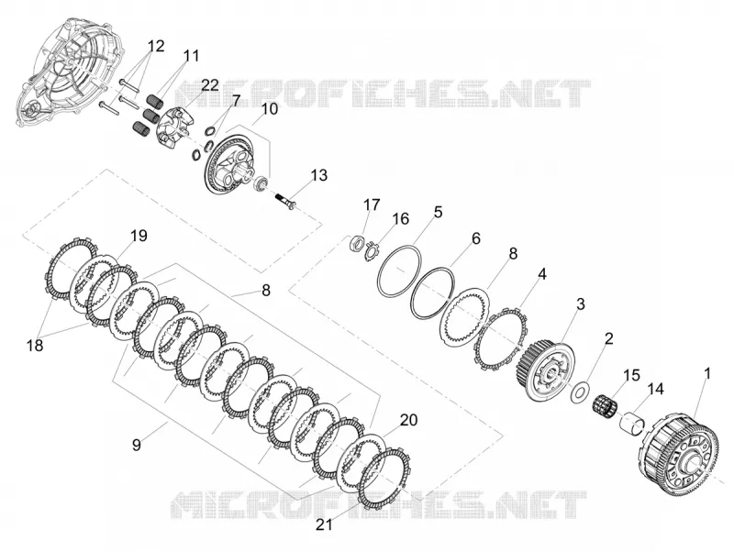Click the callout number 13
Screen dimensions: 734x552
[318, 176]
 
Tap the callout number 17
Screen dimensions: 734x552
[373, 204]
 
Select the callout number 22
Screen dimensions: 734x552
[210, 85]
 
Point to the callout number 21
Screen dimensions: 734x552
[324, 524]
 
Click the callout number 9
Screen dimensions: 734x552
[136, 445]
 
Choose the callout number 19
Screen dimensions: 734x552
[139, 236]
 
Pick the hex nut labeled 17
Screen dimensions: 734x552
[357, 243]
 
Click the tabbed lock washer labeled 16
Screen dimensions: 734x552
[372, 249]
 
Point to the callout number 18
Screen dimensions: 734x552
[35, 346]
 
